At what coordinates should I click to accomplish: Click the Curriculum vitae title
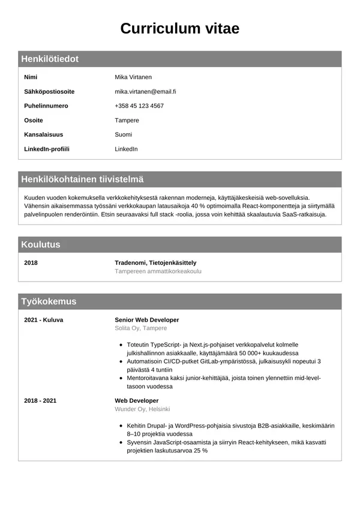point(180,28)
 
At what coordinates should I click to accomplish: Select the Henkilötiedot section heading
point(50,59)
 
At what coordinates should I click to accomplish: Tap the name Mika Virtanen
point(133,77)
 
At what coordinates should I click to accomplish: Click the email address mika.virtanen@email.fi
point(145,91)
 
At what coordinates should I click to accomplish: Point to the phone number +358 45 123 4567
point(139,106)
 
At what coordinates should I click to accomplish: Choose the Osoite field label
point(34,120)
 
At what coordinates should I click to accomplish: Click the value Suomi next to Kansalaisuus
point(124,134)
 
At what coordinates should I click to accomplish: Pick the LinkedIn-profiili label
point(47,149)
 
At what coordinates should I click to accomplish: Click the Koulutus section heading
point(41,244)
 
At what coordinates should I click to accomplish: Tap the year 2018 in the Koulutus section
point(31,262)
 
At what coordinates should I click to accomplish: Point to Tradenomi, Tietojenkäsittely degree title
point(155,262)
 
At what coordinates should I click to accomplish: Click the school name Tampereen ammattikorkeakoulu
point(158,271)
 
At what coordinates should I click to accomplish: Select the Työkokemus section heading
point(49,301)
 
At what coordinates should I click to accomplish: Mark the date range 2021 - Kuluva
point(43,320)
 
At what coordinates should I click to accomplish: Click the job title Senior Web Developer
point(146,320)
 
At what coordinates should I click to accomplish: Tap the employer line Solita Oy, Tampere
point(140,328)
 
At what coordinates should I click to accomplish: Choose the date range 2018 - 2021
point(40,400)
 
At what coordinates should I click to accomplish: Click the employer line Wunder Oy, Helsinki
point(142,409)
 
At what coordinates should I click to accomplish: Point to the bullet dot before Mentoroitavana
point(121,379)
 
